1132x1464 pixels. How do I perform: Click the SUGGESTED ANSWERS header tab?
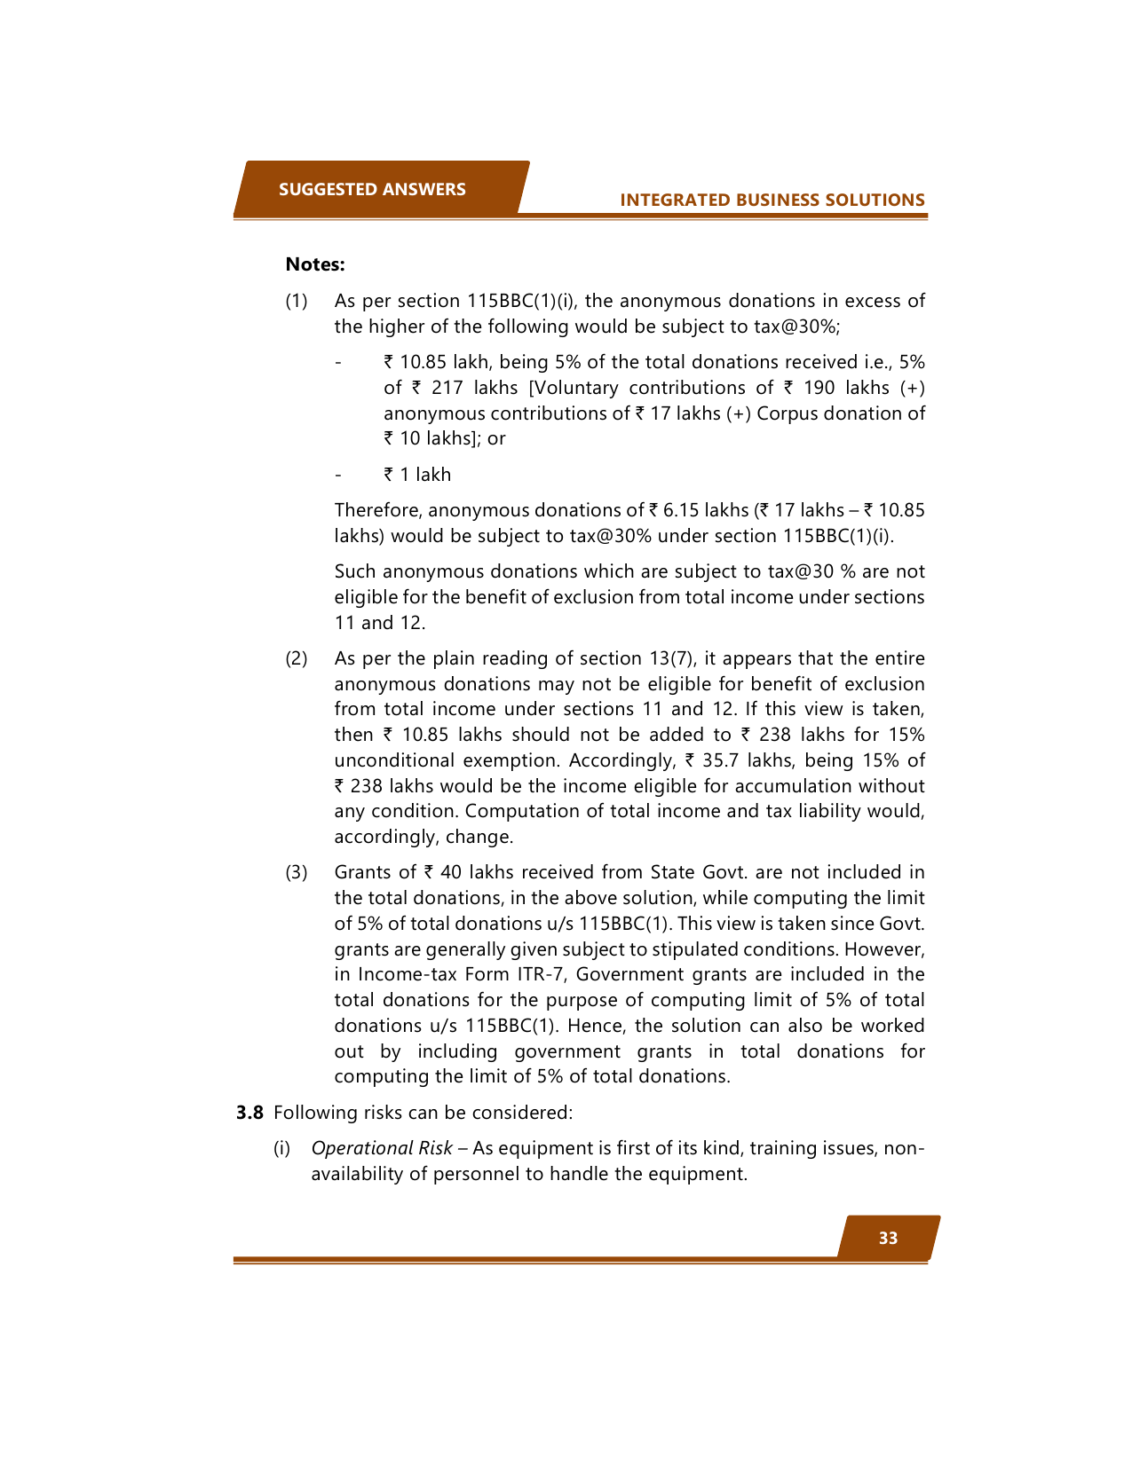pos(372,189)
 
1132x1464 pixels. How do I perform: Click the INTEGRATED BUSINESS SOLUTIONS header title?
pos(772,201)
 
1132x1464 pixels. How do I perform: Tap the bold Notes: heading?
pos(315,264)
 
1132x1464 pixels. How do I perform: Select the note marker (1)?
pos(297,302)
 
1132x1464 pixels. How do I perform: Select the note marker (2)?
pos(297,659)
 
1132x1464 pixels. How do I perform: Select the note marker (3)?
pos(297,873)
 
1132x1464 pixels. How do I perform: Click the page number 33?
pos(888,1238)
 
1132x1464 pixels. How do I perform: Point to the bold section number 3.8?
pos(249,1113)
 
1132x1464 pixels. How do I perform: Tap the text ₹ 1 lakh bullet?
pos(417,475)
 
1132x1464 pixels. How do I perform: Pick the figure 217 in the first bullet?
pos(447,389)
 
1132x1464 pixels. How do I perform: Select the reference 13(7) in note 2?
pos(671,659)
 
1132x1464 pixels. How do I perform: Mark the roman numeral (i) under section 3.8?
pos(281,1149)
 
